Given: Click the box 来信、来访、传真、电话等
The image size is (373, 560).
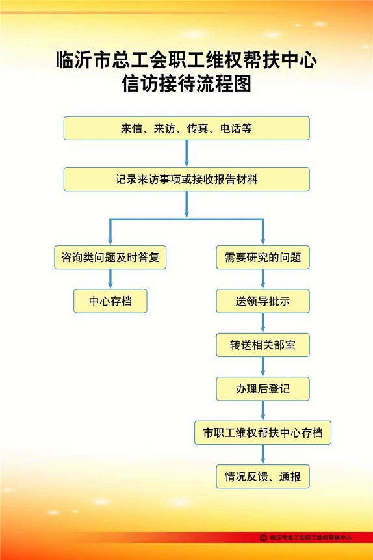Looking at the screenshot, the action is (186, 128).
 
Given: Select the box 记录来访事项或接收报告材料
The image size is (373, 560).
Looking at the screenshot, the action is (186, 180).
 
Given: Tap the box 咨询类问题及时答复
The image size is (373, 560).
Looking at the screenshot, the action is (110, 257).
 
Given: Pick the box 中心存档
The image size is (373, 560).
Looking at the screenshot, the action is (110, 301).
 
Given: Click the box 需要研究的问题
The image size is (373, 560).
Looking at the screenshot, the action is (263, 257).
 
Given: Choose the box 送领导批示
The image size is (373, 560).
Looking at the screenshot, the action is (263, 301).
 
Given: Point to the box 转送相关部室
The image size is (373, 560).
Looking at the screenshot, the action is (263, 345).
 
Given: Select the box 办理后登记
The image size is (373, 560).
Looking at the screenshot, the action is (263, 388).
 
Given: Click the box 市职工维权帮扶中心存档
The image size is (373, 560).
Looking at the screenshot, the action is (263, 433).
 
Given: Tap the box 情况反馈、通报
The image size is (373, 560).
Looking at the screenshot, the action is (263, 477).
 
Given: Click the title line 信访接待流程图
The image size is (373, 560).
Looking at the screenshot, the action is (186, 83).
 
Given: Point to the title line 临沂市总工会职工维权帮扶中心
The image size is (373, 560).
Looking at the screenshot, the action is (186, 59).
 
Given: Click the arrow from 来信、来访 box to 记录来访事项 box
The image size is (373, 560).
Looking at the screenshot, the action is (186, 153).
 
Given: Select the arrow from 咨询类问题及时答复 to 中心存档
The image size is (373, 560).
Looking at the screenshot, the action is (110, 279).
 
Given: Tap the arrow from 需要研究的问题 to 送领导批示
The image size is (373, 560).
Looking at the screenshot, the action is (263, 279).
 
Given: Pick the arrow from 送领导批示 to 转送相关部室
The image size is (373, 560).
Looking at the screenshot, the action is (263, 323).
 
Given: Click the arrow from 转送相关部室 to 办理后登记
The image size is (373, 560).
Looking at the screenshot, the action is (263, 367).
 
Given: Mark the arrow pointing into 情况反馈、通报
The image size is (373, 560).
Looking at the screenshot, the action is (263, 455).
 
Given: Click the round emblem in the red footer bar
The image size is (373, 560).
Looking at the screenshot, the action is (263, 537).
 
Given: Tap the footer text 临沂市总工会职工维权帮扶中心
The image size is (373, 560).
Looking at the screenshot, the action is (311, 537).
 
